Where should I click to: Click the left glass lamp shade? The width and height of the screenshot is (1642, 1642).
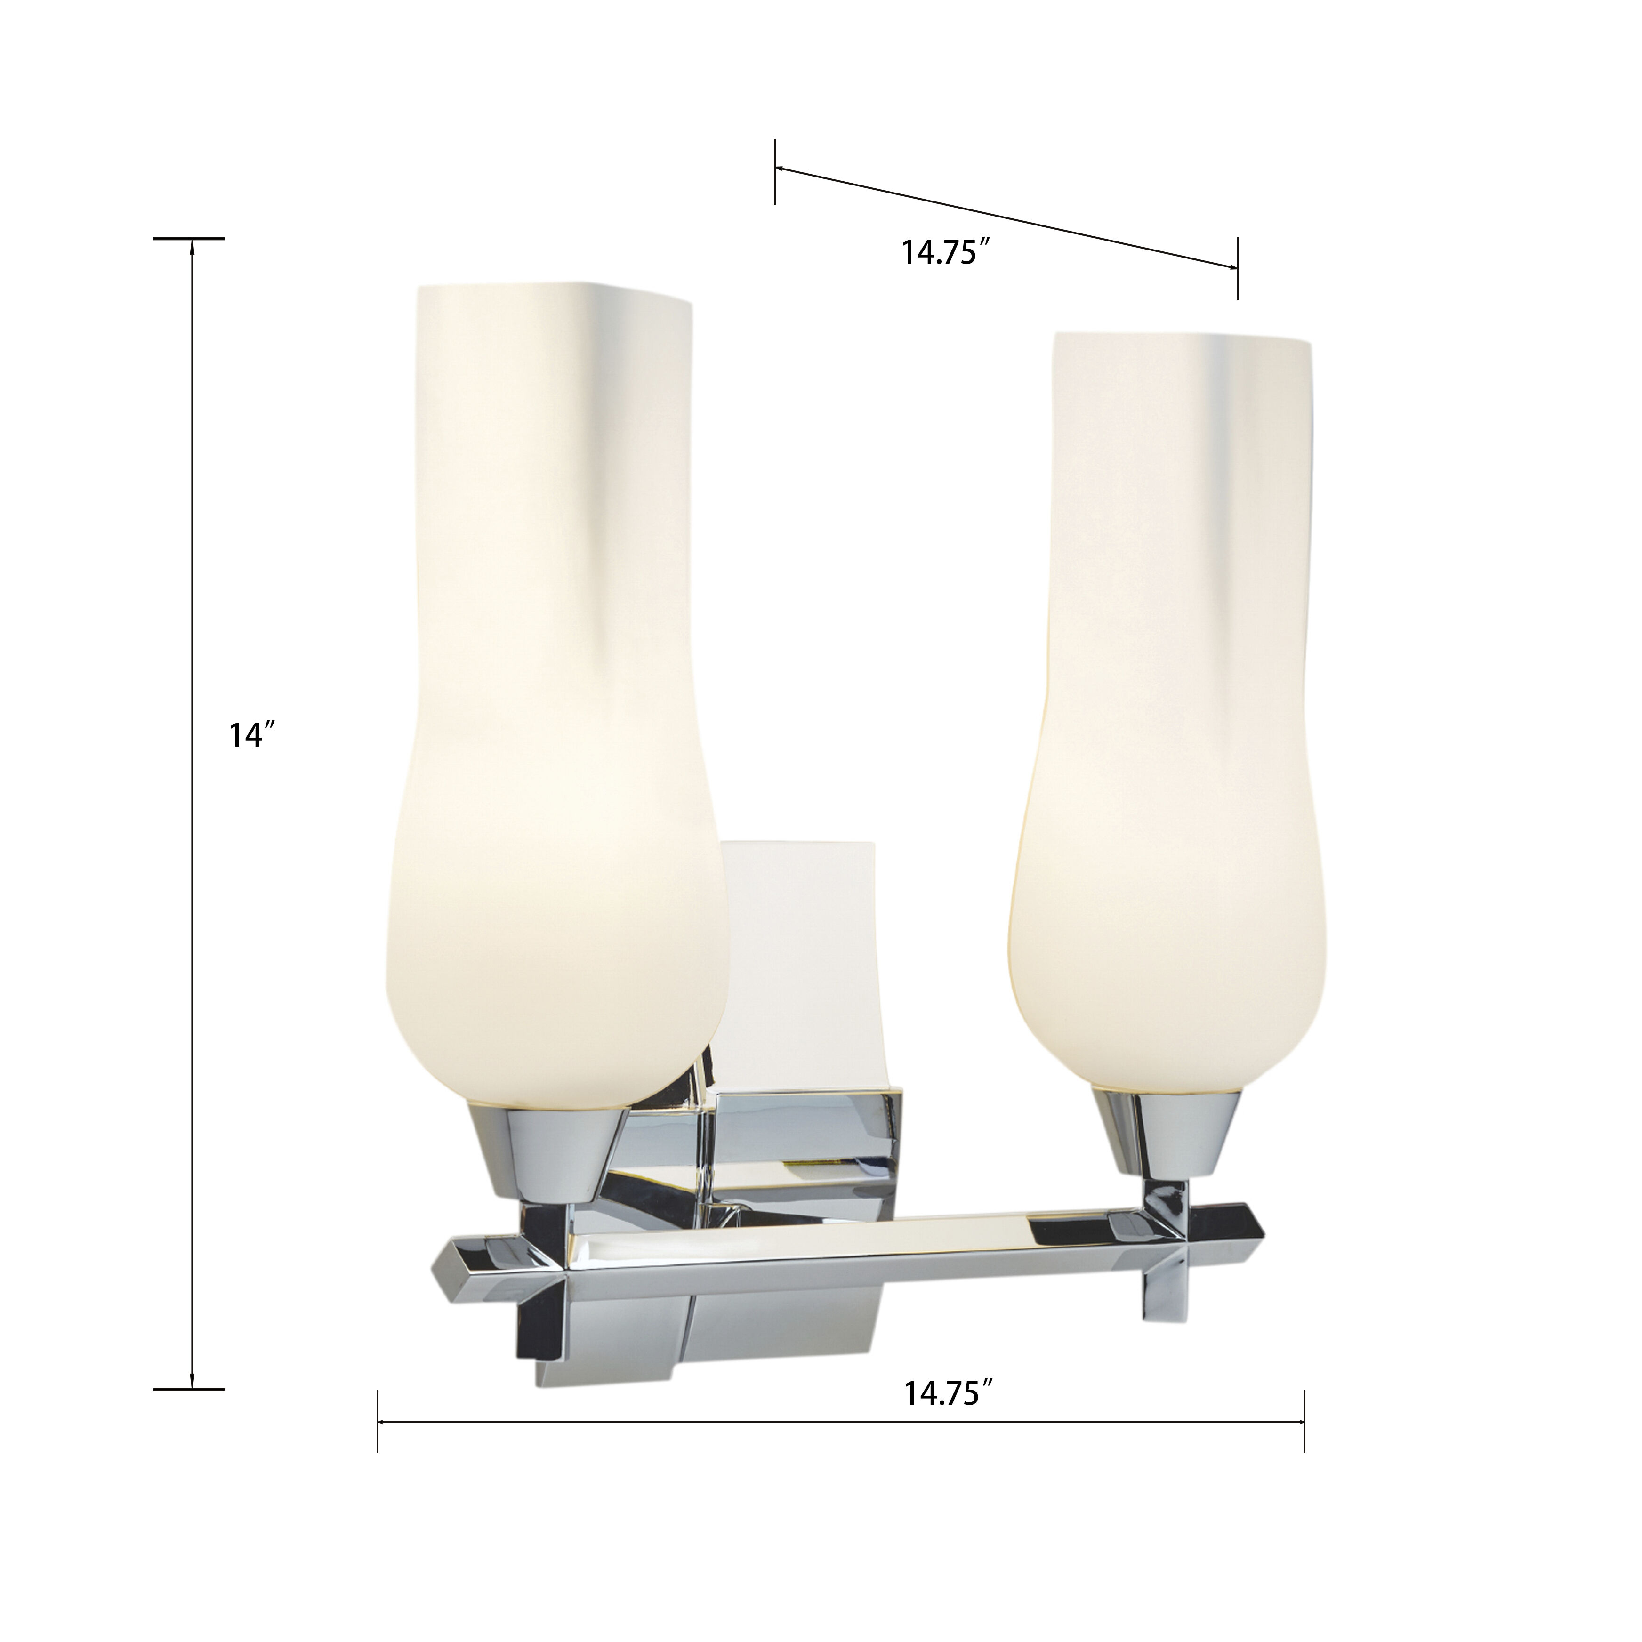[552, 680]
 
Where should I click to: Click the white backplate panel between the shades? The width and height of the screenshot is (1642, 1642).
[799, 960]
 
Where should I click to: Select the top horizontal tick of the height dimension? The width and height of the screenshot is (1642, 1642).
[189, 239]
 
